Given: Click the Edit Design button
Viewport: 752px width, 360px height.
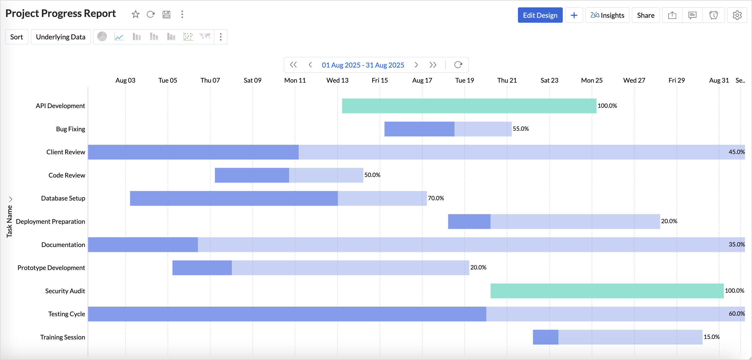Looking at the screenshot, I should tap(540, 15).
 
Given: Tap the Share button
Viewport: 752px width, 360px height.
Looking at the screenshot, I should tap(645, 15).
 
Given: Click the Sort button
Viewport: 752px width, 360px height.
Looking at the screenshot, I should tap(17, 37).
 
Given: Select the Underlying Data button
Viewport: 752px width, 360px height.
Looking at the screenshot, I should tap(61, 37).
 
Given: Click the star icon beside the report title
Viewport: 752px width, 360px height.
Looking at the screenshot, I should tap(135, 14).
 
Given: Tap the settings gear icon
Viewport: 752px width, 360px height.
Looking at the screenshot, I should tap(737, 15).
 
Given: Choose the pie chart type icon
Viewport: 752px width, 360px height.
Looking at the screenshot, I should tap(102, 37).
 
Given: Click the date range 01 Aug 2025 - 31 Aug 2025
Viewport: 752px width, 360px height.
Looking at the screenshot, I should tap(363, 65).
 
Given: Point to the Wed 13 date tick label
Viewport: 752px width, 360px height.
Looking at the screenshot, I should tap(337, 80).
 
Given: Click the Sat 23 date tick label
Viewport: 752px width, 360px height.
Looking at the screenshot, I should tap(549, 80).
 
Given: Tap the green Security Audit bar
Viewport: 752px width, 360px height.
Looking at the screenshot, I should tap(607, 291).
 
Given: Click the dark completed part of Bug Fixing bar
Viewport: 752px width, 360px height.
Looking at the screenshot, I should tap(419, 129).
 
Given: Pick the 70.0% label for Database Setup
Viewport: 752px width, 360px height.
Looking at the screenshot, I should tap(436, 198).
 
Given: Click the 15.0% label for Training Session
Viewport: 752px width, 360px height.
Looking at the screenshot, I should tap(712, 337).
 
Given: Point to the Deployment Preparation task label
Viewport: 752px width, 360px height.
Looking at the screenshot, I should tap(51, 222).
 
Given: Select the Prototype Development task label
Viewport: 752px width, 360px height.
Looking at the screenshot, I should tap(51, 268).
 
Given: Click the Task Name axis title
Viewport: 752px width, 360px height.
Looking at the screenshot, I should tap(9, 221).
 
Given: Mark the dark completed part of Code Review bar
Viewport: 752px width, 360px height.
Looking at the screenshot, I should tap(252, 175).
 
